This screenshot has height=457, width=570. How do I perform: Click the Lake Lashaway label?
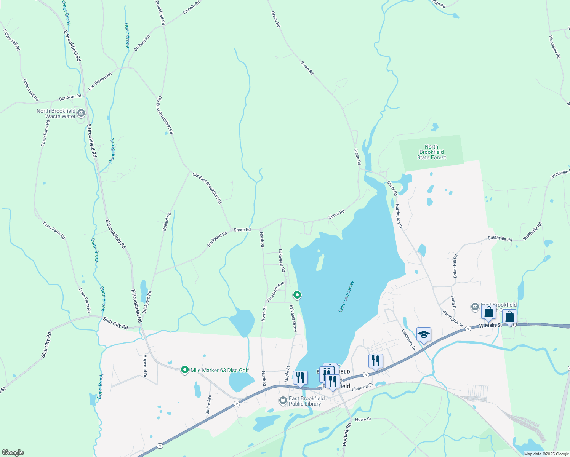point(346,297)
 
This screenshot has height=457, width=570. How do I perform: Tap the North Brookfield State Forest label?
point(431,152)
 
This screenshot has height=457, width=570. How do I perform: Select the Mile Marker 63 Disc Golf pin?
point(185,370)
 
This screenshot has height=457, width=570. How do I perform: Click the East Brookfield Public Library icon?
point(283,400)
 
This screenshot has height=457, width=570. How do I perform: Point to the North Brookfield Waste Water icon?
point(81,113)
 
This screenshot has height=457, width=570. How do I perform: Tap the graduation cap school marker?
point(424,335)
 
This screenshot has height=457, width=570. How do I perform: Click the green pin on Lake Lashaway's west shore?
point(297,295)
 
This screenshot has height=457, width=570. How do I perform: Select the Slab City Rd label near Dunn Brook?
point(115,324)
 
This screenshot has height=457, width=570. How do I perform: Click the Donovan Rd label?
point(70,97)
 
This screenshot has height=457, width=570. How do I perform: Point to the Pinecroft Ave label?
point(275,292)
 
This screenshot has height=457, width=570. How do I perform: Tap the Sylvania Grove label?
point(293,318)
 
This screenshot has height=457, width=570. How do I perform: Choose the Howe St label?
point(363,419)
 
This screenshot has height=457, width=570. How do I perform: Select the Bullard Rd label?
point(167,222)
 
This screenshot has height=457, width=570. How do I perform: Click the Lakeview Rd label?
point(282,260)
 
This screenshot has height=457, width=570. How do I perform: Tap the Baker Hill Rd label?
point(455,266)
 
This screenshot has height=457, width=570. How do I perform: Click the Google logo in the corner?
point(13,452)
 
